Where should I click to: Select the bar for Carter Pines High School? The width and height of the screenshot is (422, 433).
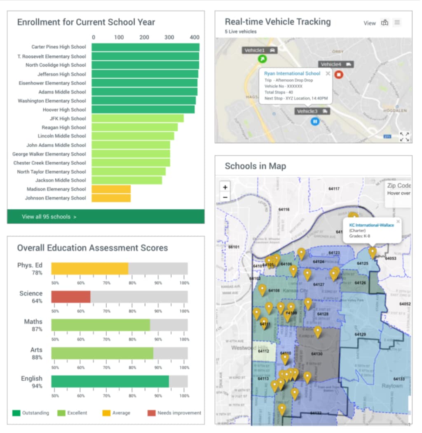point(145,47)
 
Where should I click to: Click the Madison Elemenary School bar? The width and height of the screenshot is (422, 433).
point(111,189)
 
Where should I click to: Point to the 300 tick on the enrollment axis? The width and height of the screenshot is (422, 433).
point(169,38)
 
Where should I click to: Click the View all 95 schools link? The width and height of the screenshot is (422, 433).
point(49,217)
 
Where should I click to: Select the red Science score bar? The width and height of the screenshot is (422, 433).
point(70,297)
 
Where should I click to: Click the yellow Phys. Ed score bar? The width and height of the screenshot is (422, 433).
point(89,269)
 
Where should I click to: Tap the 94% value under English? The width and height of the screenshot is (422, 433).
point(37,386)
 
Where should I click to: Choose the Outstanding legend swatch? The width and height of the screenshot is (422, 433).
point(16,413)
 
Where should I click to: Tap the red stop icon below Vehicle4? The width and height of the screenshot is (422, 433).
point(338,75)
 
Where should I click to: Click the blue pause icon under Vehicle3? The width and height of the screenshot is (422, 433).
point(315,122)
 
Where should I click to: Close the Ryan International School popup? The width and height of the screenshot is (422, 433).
point(328,73)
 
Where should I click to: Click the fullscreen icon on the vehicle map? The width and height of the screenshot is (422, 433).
point(404,137)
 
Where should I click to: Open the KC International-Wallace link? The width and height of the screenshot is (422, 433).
point(371,225)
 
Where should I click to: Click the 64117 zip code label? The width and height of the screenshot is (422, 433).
point(334,189)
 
